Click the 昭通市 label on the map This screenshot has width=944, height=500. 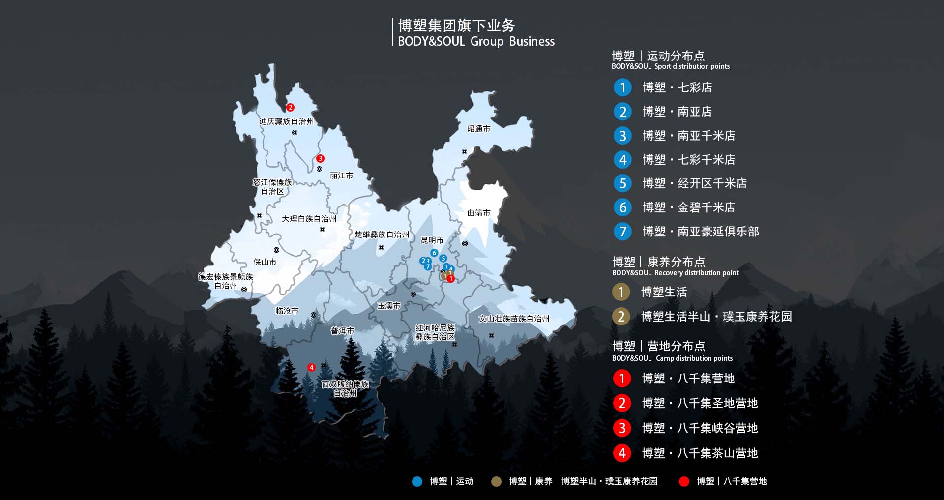click(x=478, y=129)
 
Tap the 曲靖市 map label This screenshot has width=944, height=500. click(x=478, y=213)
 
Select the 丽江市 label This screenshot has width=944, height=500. click(x=341, y=176)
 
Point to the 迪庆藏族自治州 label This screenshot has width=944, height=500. click(x=286, y=121)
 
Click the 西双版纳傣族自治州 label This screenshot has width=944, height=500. click(x=345, y=388)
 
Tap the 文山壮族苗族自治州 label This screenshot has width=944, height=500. click(x=514, y=319)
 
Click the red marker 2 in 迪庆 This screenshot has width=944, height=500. click(x=290, y=107)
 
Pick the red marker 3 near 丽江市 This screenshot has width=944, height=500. click(x=320, y=158)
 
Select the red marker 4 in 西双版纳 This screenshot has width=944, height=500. click(x=311, y=367)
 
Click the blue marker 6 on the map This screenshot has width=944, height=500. click(x=434, y=253)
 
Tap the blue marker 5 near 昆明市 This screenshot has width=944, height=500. click(x=443, y=258)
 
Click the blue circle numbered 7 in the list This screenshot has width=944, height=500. click(x=622, y=231)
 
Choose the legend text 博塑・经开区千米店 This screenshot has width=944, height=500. click(x=694, y=183)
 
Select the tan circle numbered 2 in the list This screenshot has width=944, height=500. click(x=621, y=317)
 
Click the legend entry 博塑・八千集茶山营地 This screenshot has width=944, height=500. click(x=700, y=453)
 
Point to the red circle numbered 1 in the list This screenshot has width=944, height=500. click(x=621, y=379)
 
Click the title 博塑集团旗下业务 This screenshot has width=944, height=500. click(x=456, y=26)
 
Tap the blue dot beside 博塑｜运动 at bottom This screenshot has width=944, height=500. click(x=417, y=481)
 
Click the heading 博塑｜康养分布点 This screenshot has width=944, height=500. click(x=658, y=262)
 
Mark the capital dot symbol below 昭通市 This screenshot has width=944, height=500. click(x=464, y=151)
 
